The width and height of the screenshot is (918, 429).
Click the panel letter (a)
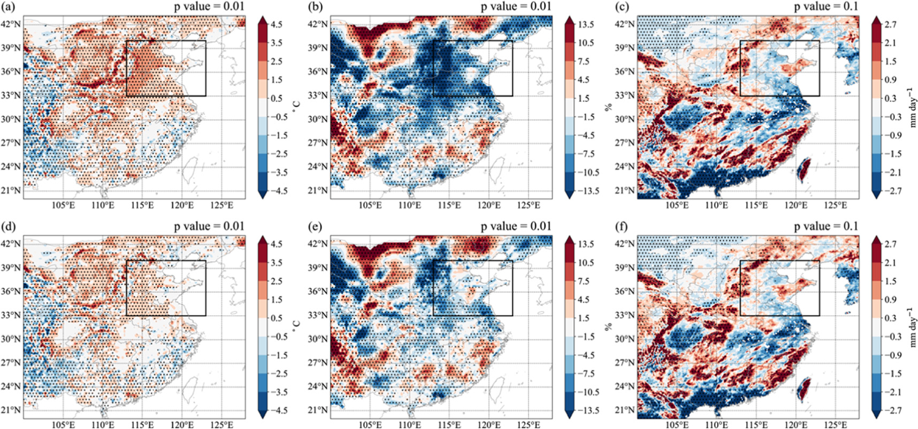10,7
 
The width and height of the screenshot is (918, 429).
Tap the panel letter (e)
316,227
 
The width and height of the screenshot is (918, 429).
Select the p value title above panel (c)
826,7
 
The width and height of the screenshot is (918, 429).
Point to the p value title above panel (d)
209,227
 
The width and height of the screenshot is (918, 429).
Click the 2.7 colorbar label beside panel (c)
890,25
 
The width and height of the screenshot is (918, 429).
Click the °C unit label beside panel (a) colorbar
297,107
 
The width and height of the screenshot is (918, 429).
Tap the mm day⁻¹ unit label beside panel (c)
913,107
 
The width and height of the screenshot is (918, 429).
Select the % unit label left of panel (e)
608,326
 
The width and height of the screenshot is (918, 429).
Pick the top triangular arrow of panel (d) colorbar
262,240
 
